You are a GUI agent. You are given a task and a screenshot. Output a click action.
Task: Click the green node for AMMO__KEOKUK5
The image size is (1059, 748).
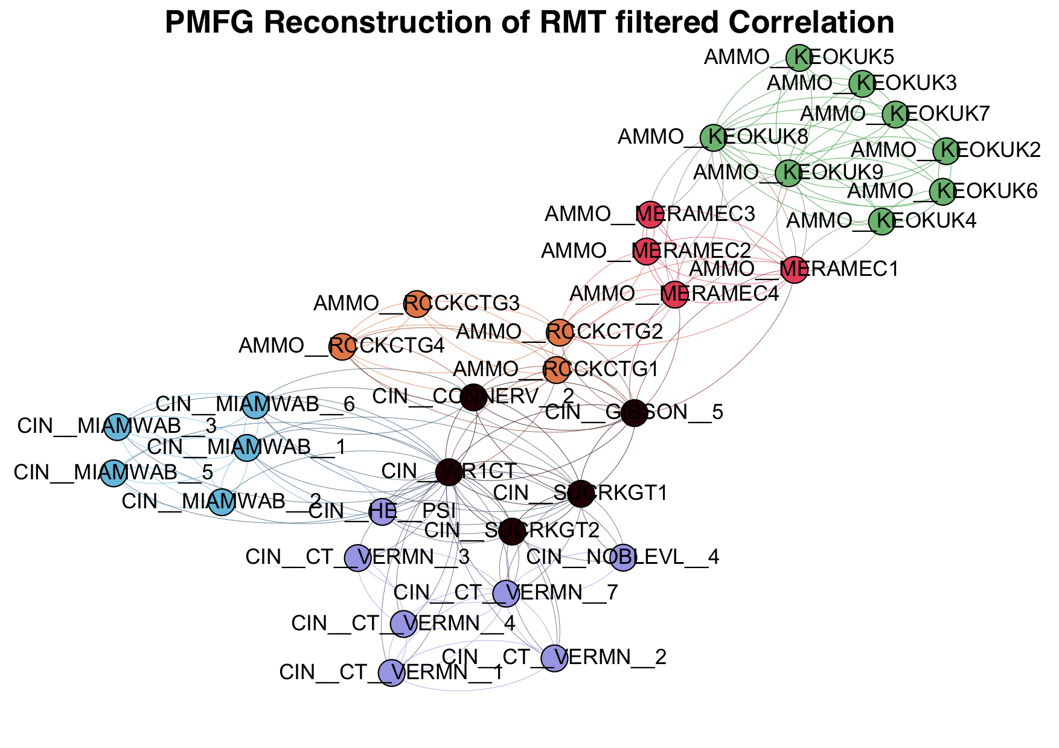pos(799,57)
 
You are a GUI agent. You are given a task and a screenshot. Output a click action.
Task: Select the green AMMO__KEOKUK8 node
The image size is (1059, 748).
pos(713,137)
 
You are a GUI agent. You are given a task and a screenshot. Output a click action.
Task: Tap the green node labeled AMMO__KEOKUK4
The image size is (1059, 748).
pos(882,222)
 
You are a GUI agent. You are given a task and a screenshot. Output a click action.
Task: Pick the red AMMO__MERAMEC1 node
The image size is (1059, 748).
pos(794,269)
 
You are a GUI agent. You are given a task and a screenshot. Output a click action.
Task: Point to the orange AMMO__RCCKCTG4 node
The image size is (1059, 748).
pos(342,347)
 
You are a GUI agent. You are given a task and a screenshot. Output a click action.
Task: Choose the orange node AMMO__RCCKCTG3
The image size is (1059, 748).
pos(416,304)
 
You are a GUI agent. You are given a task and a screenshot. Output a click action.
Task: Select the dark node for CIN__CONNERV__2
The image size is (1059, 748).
pos(473,397)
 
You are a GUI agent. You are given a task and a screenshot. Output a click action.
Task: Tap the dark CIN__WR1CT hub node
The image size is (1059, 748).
pos(449,471)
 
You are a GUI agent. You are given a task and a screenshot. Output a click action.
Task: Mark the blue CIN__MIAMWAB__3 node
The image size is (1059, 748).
pos(117,427)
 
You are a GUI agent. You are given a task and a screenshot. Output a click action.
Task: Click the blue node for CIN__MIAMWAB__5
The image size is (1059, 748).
pos(113,473)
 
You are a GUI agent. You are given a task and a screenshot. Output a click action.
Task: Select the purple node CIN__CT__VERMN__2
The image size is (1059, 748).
pos(554,657)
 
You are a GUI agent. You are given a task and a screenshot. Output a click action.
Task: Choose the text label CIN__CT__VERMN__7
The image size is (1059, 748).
pos(506,593)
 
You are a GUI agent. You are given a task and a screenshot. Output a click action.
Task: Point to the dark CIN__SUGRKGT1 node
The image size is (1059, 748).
pos(580,493)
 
